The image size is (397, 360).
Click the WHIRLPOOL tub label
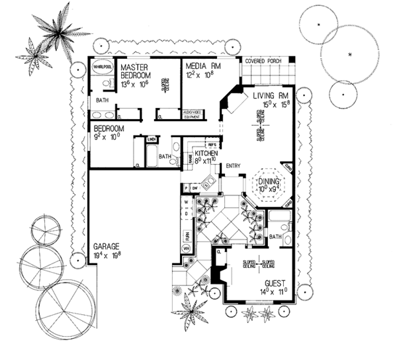(102, 67)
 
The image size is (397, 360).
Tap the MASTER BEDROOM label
(138, 71)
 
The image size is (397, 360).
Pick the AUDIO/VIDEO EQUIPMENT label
(196, 116)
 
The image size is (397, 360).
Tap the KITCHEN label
(206, 154)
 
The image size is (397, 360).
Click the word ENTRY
(233, 165)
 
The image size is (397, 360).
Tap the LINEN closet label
(152, 140)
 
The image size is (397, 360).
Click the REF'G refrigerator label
(212, 144)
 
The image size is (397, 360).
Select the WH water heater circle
(187, 247)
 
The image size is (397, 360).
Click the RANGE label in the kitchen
(191, 158)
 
